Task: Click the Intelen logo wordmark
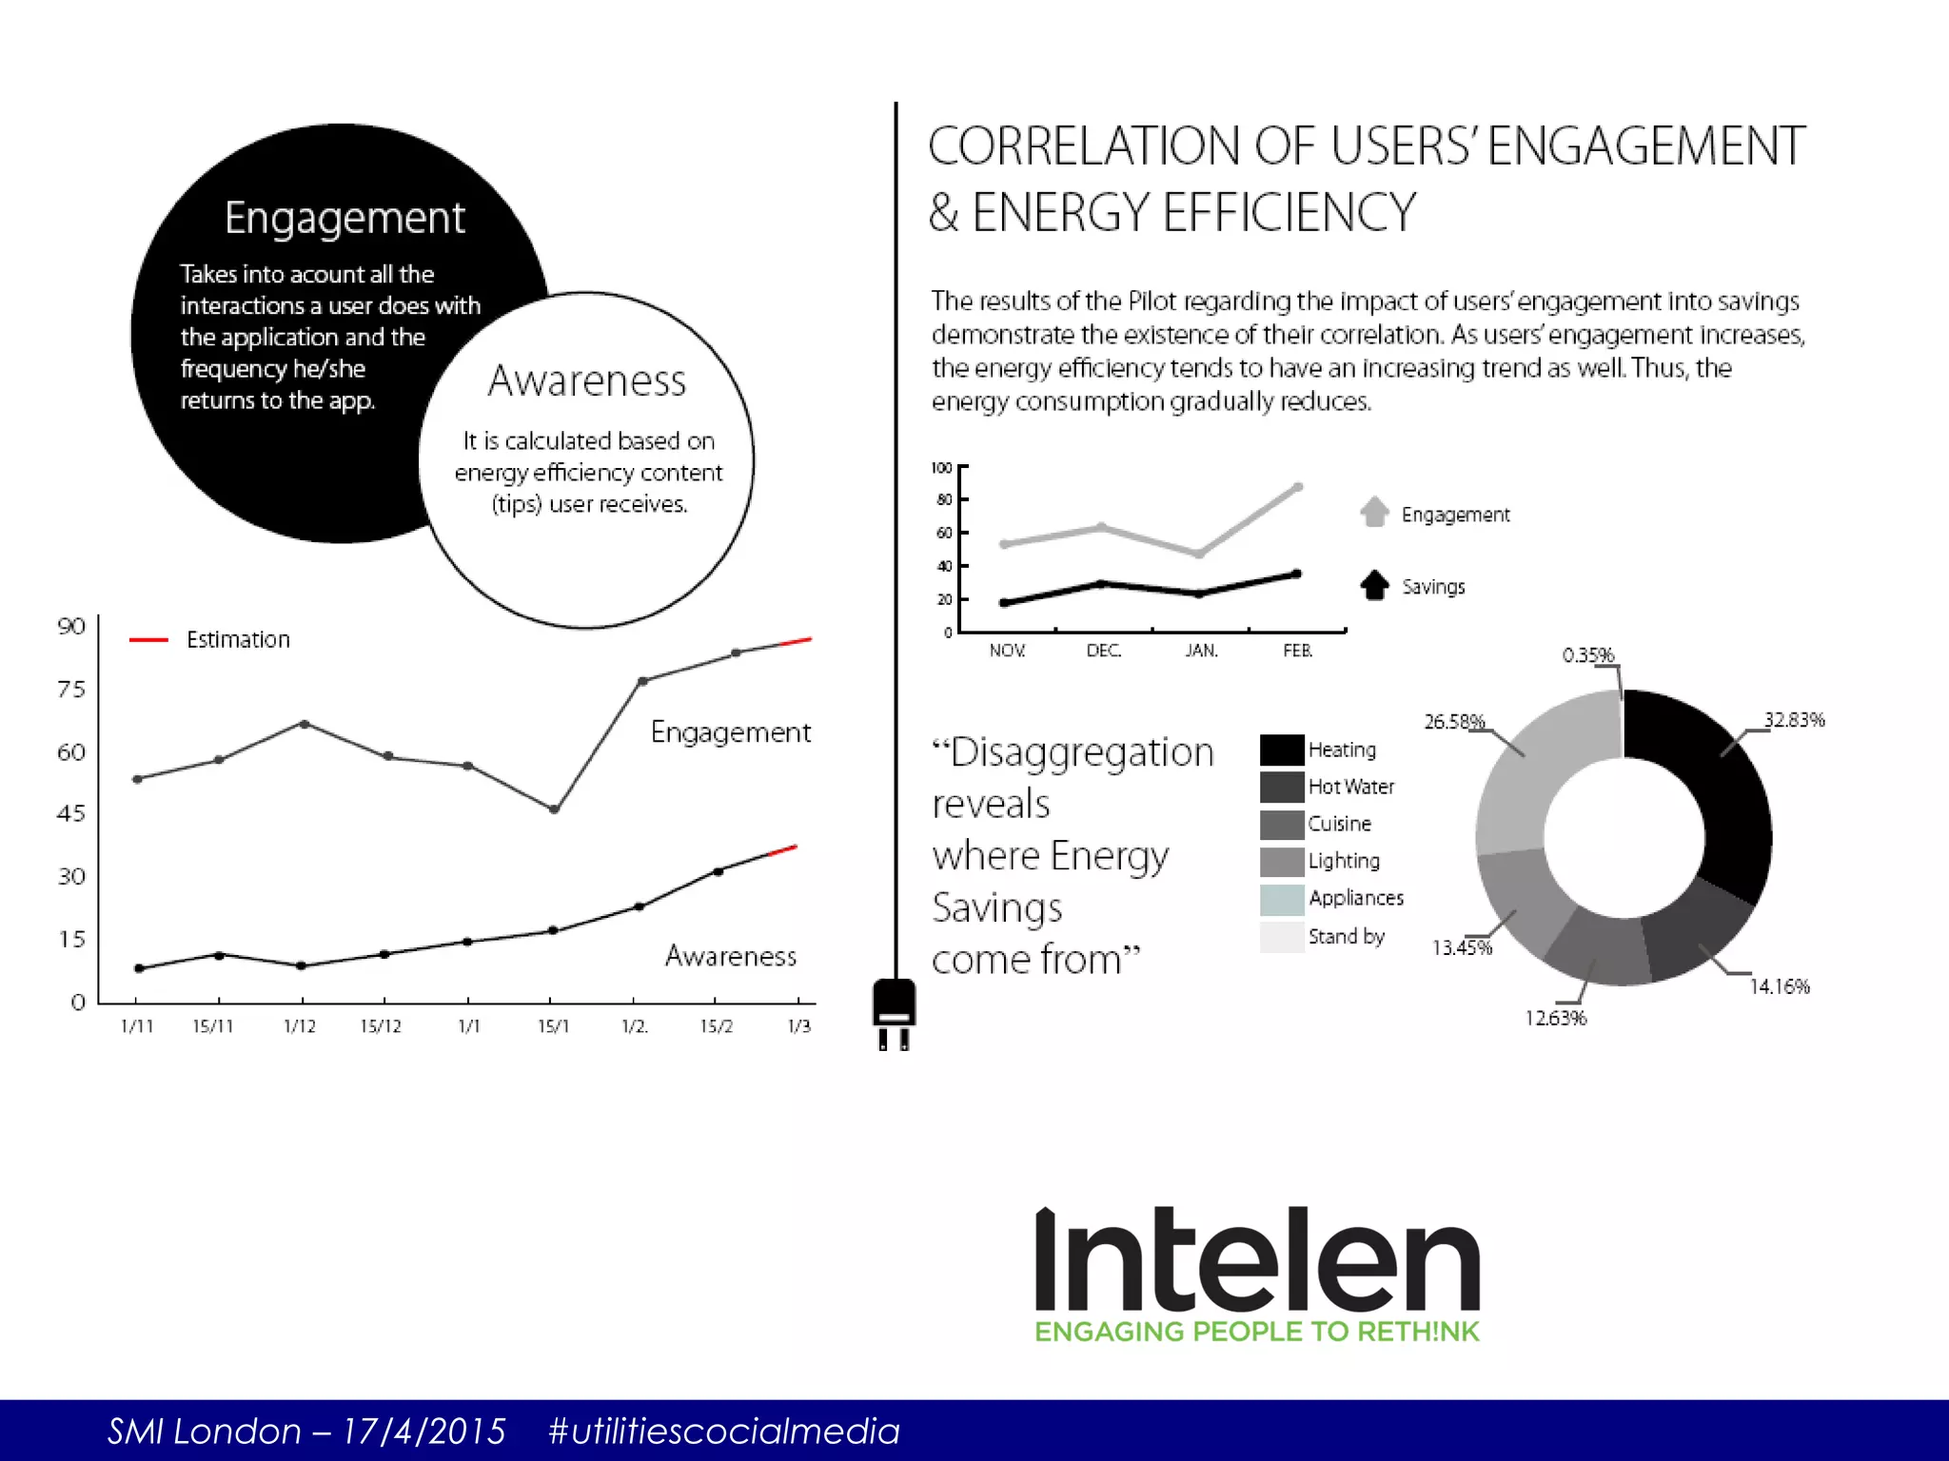point(1256,1261)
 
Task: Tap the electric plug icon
point(894,1012)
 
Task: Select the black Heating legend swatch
point(1281,750)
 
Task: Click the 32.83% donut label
point(1794,720)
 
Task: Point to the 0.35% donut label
point(1587,655)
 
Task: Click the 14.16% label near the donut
point(1779,986)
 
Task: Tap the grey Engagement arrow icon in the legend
point(1374,512)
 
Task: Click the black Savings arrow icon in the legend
point(1374,585)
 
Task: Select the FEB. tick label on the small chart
point(1297,651)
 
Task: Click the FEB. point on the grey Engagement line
point(1298,487)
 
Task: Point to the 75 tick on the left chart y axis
point(71,689)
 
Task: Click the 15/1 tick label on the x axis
point(553,1026)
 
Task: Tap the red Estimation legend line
point(148,640)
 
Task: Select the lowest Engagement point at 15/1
point(554,809)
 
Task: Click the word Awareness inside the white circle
point(586,381)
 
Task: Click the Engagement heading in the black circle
point(345,219)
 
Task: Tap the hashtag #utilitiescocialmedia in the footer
point(723,1431)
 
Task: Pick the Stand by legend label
point(1346,937)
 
